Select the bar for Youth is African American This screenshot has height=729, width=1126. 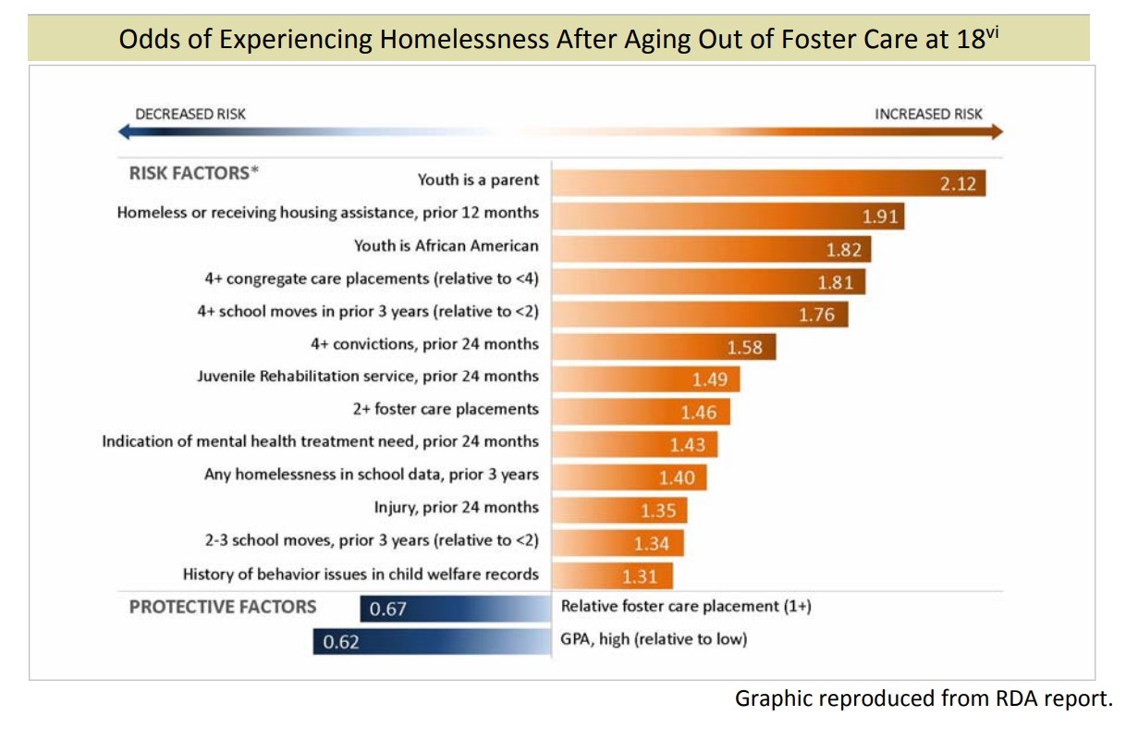[x=712, y=248]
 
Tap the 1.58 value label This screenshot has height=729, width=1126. [x=744, y=348]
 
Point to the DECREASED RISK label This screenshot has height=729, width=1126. [x=190, y=114]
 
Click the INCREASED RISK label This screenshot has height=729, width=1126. [x=929, y=114]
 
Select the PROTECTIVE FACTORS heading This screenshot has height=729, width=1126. [x=223, y=607]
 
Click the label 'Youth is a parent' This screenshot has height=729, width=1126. [x=478, y=179]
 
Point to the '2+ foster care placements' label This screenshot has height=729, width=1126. [x=446, y=409]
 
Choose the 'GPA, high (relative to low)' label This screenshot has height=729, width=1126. [x=655, y=639]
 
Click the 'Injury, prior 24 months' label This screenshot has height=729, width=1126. [x=456, y=507]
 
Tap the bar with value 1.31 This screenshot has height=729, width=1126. [x=613, y=575]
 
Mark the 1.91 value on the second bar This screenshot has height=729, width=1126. [x=881, y=216]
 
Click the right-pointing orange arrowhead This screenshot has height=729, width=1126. [x=996, y=132]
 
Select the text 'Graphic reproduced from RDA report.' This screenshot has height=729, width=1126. [x=924, y=698]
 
